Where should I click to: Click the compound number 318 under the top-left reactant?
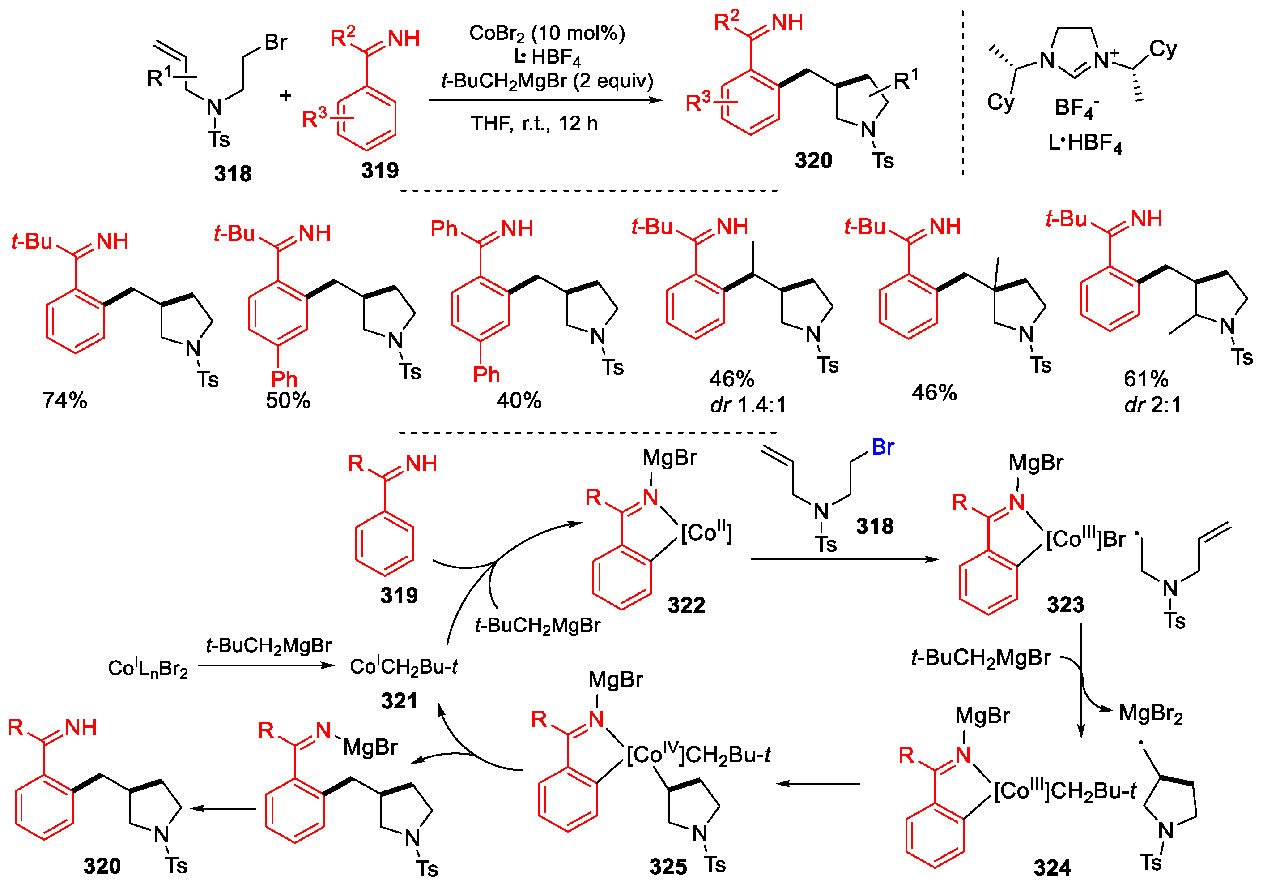point(233,174)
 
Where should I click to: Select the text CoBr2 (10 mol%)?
point(547,34)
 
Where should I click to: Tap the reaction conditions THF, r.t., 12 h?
point(534,123)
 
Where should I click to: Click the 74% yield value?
point(65,400)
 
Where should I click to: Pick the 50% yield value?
point(288,400)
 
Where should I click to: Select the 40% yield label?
point(519,400)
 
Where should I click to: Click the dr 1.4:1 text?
point(748,405)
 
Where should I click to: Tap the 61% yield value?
point(1146,379)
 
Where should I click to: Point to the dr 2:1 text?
point(1153,405)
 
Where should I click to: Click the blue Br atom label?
point(882,447)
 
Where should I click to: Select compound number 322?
point(686,605)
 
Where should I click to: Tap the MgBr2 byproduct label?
point(1151,713)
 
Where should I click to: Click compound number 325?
point(668,867)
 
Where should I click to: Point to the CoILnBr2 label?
point(148,668)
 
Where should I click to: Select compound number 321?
point(400,701)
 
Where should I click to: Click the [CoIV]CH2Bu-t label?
point(699,755)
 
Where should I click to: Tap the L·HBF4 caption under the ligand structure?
point(1085,143)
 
